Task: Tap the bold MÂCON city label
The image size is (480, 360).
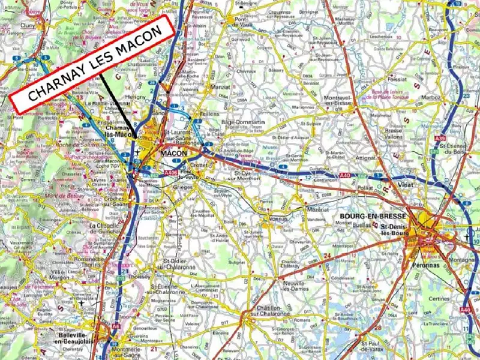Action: pos(173,154)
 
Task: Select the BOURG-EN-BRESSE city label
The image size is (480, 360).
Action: pos(373,216)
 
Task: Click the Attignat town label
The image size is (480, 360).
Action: pos(367,158)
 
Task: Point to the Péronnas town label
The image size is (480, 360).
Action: pos(426,264)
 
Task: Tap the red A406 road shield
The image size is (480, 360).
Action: pos(170,173)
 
